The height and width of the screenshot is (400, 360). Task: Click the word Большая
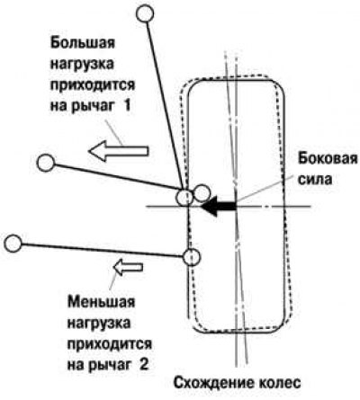tap(83, 43)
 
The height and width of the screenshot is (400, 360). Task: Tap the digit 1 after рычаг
tap(127, 106)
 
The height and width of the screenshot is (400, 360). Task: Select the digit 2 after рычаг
tap(144, 364)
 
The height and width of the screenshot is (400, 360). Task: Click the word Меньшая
tap(102, 301)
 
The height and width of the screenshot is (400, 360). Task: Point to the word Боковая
tap(328, 158)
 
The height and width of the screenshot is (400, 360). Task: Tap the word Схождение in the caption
tap(213, 383)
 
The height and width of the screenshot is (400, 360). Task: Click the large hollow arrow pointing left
tap(119, 151)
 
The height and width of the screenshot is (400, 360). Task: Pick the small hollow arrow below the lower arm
tap(128, 267)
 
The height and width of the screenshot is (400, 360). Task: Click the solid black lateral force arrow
tap(219, 207)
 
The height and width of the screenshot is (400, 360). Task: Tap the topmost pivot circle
tap(145, 13)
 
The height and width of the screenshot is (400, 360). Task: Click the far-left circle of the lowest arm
tap(13, 244)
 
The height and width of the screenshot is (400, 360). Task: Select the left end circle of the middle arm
tap(46, 163)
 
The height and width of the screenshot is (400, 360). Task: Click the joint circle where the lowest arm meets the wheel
tap(192, 257)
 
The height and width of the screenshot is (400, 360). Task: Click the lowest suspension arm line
tap(103, 250)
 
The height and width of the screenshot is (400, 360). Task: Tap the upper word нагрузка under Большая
tap(82, 64)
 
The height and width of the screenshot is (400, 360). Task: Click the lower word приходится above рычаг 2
tap(110, 344)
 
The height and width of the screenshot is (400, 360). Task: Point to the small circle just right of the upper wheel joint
tap(202, 193)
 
